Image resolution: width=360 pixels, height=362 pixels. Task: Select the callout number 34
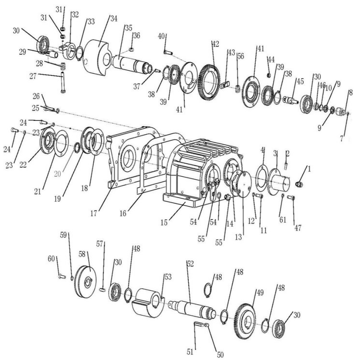click(x=114, y=19)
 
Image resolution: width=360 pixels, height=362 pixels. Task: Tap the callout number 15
click(x=164, y=223)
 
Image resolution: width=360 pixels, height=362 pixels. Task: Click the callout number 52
click(x=190, y=264)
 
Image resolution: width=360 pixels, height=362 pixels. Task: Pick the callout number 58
click(x=82, y=254)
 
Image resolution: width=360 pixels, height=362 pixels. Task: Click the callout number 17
click(x=94, y=213)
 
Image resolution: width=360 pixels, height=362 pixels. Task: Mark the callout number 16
click(x=123, y=213)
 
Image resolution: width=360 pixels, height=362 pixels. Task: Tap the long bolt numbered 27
click(x=62, y=82)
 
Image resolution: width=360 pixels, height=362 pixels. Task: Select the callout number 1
click(x=310, y=169)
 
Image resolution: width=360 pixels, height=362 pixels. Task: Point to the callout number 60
click(x=51, y=259)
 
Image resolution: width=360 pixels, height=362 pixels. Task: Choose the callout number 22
click(x=23, y=164)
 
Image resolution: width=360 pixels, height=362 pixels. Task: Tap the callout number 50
click(x=220, y=355)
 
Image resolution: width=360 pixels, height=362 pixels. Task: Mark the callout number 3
click(x=275, y=153)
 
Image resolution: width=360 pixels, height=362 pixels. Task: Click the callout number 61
click(x=283, y=220)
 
